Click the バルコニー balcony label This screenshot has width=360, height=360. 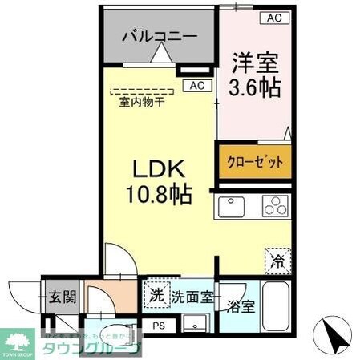click(159, 36)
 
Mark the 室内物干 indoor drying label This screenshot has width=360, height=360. click(142, 101)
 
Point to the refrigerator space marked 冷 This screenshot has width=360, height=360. click(276, 260)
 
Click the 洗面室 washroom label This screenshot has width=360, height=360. click(191, 297)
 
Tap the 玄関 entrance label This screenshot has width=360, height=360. click(60, 297)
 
